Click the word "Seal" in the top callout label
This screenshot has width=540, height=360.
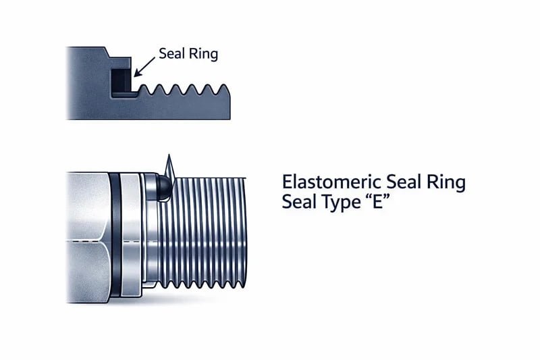click(172, 53)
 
